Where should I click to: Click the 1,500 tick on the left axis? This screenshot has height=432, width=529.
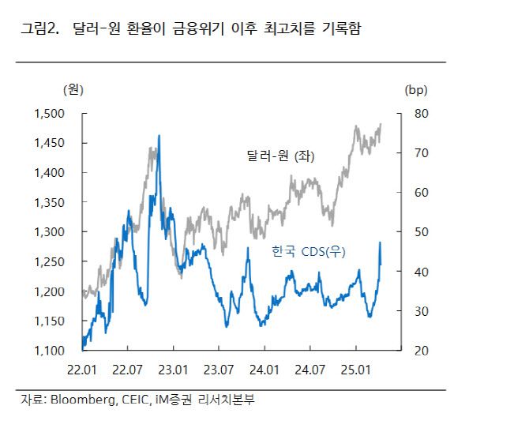point(50,113)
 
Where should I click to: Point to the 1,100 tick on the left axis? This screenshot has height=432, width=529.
point(50,351)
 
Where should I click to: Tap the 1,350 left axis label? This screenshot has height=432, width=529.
point(50,202)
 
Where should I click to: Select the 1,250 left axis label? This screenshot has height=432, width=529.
point(50,261)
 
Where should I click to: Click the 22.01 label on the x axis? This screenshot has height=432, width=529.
point(82,369)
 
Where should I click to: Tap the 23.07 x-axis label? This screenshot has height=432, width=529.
point(218,369)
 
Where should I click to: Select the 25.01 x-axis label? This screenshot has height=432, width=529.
point(355,369)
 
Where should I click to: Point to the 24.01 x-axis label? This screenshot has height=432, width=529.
point(264,369)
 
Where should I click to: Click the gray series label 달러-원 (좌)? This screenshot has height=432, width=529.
point(280,157)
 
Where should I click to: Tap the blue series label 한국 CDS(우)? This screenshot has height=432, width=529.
point(310,251)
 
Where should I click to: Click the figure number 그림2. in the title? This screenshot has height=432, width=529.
point(40,30)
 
